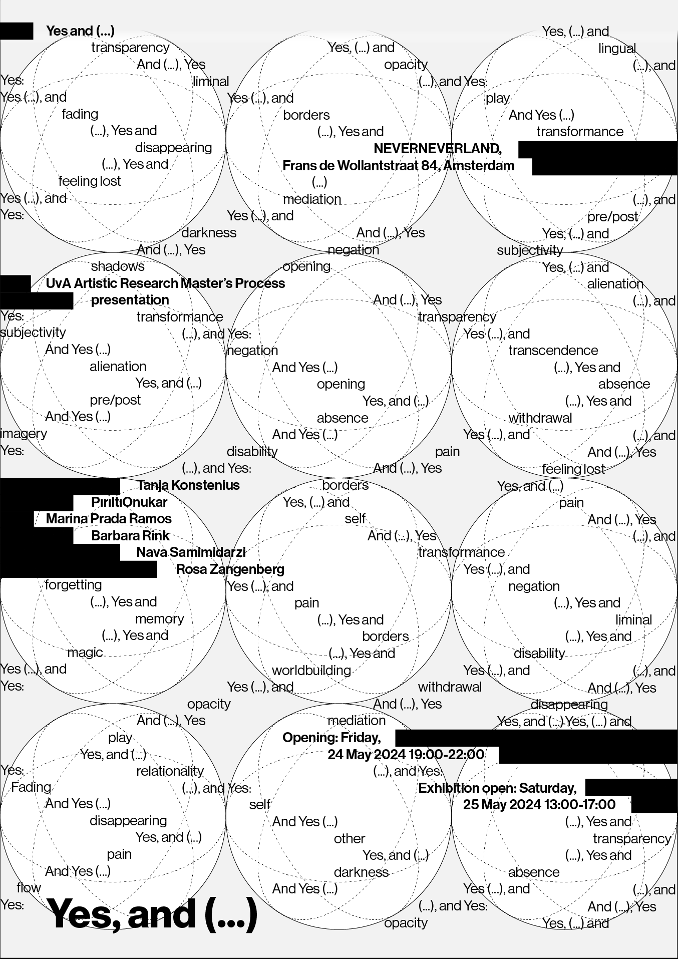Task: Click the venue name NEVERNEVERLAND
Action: (x=437, y=149)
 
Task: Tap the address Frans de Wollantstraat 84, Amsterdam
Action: (x=399, y=166)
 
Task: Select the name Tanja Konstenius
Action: (x=188, y=485)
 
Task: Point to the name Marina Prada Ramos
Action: (x=109, y=519)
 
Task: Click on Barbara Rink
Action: (x=131, y=536)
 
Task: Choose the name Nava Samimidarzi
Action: (x=191, y=552)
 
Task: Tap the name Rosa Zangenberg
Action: (x=230, y=569)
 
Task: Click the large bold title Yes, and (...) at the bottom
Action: (x=152, y=914)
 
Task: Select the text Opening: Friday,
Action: (x=331, y=738)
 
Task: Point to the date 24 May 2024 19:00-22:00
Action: (x=406, y=755)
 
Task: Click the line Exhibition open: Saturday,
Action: (x=497, y=788)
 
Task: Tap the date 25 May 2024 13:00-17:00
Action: (x=539, y=805)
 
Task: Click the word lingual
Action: (x=617, y=49)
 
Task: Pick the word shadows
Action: (x=118, y=266)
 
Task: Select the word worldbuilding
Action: (x=311, y=671)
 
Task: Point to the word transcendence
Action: (x=553, y=351)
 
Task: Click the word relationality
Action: (x=170, y=771)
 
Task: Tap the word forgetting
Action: (x=73, y=585)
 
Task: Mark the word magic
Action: (x=85, y=653)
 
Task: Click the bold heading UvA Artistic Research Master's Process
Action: (x=165, y=283)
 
